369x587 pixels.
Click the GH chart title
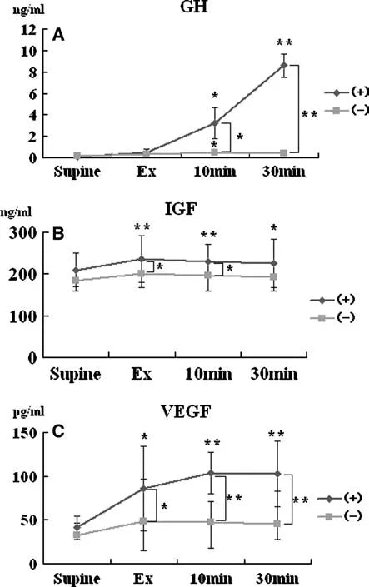coord(197,10)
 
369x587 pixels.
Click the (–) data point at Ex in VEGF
coord(146,521)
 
